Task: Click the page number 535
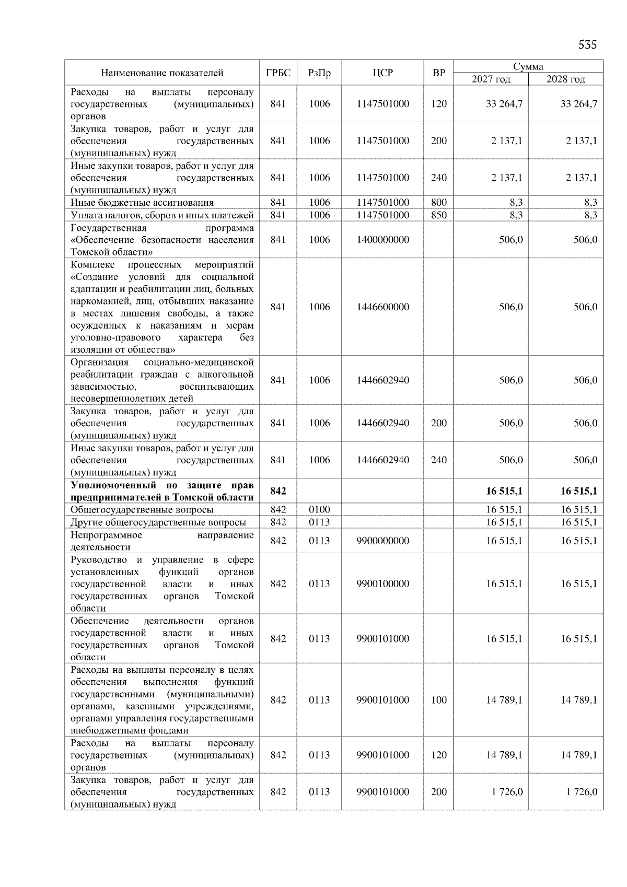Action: click(x=587, y=45)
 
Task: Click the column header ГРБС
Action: click(x=278, y=73)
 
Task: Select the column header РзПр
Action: click(x=319, y=73)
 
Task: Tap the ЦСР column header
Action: click(x=382, y=73)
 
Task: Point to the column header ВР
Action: click(x=439, y=73)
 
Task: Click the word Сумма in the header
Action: click(x=528, y=66)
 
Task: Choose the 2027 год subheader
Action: click(x=491, y=79)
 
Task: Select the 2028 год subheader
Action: click(x=565, y=79)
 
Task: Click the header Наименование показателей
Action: click(x=162, y=73)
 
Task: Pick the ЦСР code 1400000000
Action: click(x=382, y=240)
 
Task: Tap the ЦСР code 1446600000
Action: click(x=382, y=307)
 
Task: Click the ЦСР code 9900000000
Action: click(x=382, y=541)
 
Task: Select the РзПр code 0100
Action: click(x=319, y=509)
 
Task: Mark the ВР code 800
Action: click(x=439, y=203)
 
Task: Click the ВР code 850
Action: click(x=439, y=215)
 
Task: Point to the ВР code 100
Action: click(x=439, y=700)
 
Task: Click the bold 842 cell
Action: click(x=278, y=491)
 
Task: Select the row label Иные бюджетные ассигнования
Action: click(x=142, y=203)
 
